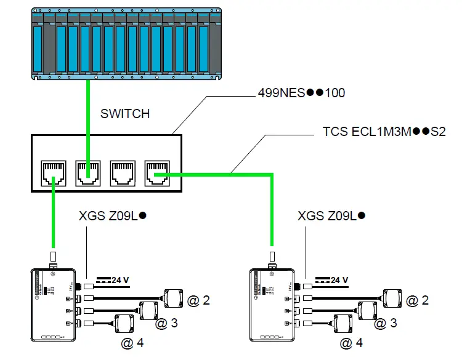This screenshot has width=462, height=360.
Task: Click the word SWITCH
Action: coord(125,114)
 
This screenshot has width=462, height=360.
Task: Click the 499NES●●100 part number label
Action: coord(301,94)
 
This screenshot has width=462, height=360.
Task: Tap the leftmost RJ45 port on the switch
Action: coord(53,173)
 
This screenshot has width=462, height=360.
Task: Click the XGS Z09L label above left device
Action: coord(111,216)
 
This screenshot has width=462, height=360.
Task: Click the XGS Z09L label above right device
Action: coord(331,216)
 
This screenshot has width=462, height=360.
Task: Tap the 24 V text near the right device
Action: coord(339,280)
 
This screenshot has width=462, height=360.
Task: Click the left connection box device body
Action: coord(53,304)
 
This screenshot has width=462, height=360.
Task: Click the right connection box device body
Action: coord(272,304)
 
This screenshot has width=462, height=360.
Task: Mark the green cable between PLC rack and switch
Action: coord(87,117)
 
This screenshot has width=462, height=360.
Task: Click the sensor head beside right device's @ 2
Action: coord(392,297)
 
